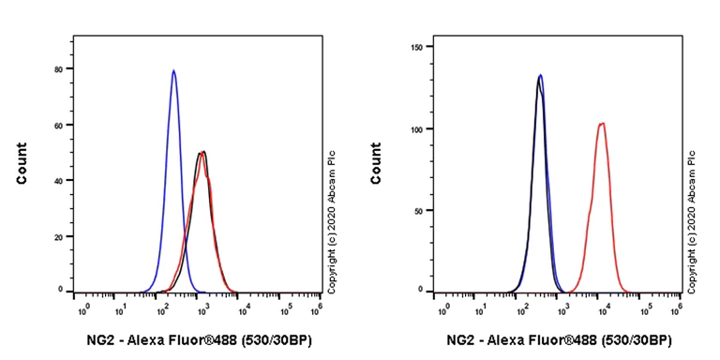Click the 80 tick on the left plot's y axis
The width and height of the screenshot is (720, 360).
point(58,69)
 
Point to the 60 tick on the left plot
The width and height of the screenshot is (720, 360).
point(58,125)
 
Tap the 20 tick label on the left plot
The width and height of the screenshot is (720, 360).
point(58,235)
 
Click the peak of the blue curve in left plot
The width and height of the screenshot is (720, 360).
point(173,70)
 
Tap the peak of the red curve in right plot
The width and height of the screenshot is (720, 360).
point(602,123)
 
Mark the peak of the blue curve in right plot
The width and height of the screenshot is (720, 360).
point(540,76)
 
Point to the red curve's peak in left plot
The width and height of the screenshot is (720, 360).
point(202,154)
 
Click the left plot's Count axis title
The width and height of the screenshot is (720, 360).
point(22,163)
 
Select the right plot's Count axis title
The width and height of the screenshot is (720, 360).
point(376,163)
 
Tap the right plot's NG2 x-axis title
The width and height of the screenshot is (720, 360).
point(558,340)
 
